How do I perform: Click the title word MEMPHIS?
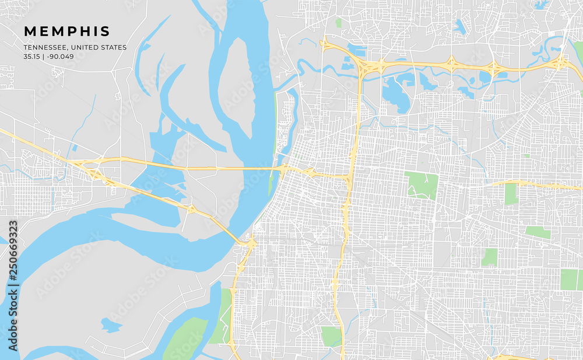[66, 31]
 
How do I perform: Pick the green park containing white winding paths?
[422, 185]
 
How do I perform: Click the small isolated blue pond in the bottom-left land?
[111, 324]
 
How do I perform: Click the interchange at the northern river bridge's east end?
[286, 170]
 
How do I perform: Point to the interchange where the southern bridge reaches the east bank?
[251, 244]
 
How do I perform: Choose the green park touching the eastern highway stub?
[511, 194]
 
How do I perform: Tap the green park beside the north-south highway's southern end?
[331, 336]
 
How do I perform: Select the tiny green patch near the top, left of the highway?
[338, 23]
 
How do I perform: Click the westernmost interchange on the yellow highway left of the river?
[93, 174]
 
